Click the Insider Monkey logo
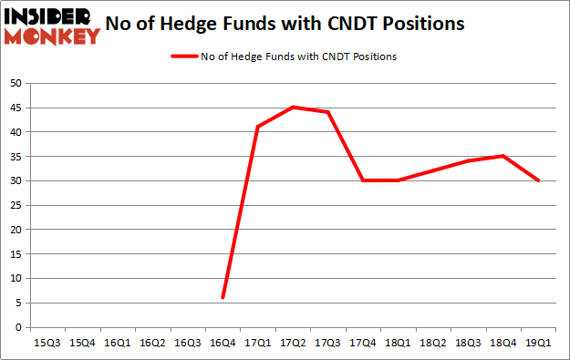[52, 26]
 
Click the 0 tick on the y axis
[18, 327]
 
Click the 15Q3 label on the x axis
[47, 342]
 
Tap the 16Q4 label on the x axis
[223, 342]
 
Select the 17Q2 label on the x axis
[293, 342]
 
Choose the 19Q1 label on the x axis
[538, 342]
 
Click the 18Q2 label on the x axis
[432, 342]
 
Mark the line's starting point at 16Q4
[223, 298]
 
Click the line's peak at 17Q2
[293, 107]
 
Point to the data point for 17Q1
[258, 127]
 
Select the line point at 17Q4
[363, 180]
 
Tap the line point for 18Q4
[503, 156]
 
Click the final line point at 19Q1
[538, 180]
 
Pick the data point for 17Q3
[327, 112]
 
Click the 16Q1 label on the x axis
[118, 342]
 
